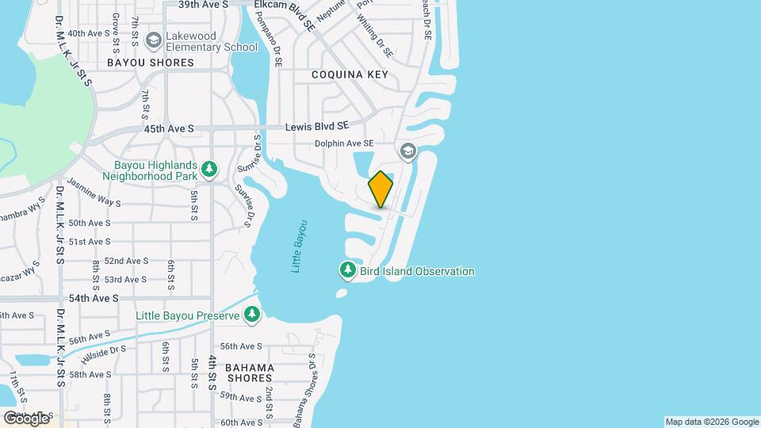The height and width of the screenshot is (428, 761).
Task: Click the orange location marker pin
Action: click(x=380, y=189)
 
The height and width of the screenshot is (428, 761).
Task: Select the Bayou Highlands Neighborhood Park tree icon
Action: click(x=209, y=168)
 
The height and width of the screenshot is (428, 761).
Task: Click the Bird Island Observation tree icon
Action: click(x=347, y=271)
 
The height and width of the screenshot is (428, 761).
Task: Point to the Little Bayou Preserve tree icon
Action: click(x=252, y=315)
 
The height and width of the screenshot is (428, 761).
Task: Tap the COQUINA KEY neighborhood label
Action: click(x=350, y=75)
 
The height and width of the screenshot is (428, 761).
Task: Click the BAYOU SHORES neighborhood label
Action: click(x=151, y=63)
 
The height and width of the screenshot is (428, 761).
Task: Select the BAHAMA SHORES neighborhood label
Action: click(x=249, y=373)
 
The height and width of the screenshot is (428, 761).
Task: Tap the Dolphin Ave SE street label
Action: click(x=344, y=143)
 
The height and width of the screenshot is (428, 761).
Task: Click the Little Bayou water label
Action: click(x=299, y=246)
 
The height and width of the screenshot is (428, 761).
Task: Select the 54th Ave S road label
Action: click(x=94, y=298)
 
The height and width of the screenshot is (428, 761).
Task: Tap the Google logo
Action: click(x=26, y=418)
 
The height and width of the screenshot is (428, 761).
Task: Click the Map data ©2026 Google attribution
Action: click(x=712, y=422)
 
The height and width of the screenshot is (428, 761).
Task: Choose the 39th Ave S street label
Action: click(x=203, y=5)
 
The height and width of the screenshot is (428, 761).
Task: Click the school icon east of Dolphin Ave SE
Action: click(x=407, y=151)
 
